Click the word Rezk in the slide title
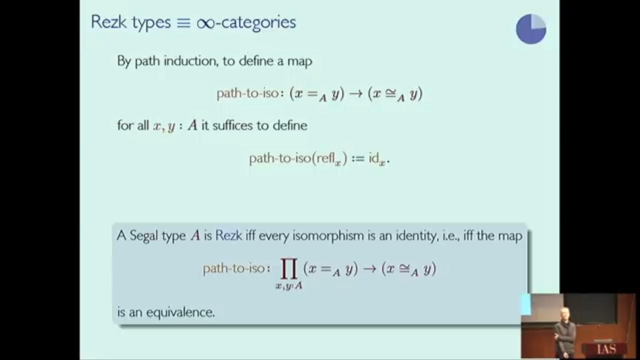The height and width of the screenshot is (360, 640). point(109,22)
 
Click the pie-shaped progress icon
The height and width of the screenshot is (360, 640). point(531,29)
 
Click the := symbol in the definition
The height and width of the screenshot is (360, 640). point(358,158)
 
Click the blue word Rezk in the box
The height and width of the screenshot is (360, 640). point(229,236)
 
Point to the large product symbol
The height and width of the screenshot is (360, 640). point(289,269)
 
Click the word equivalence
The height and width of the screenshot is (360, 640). point(180,312)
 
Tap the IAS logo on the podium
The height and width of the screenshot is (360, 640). point(606,349)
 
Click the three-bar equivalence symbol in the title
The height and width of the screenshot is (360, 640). point(183,23)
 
